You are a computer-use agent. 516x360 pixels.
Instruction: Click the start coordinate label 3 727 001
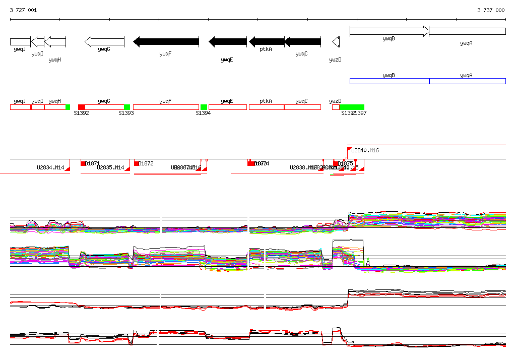point(23,10)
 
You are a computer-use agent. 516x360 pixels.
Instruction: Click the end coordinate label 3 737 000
point(491,10)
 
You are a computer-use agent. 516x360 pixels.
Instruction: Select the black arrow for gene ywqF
point(166,42)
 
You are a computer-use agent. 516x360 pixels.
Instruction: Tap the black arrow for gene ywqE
point(228,42)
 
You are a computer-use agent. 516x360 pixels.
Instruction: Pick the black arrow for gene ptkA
point(267,42)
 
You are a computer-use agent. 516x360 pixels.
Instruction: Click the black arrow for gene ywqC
point(302,42)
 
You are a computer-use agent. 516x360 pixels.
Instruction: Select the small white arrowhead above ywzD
point(336,42)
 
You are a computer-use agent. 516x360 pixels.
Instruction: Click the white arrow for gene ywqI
point(38,42)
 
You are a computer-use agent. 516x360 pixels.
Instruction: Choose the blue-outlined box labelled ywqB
point(389,81)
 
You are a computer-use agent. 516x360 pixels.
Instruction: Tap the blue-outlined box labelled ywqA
point(467,81)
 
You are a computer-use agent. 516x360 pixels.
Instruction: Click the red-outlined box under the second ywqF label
point(166,107)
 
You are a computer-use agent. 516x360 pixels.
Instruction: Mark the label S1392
point(81,113)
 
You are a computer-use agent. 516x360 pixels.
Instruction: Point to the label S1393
point(126,113)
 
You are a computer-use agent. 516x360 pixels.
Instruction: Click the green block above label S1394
point(204,107)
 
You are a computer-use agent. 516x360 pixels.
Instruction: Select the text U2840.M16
point(365,150)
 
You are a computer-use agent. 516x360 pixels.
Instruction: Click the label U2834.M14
point(50,167)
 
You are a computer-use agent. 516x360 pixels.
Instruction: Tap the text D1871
point(93,163)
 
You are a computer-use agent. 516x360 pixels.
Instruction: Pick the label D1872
point(146,163)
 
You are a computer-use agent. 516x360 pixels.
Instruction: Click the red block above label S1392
point(82,107)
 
